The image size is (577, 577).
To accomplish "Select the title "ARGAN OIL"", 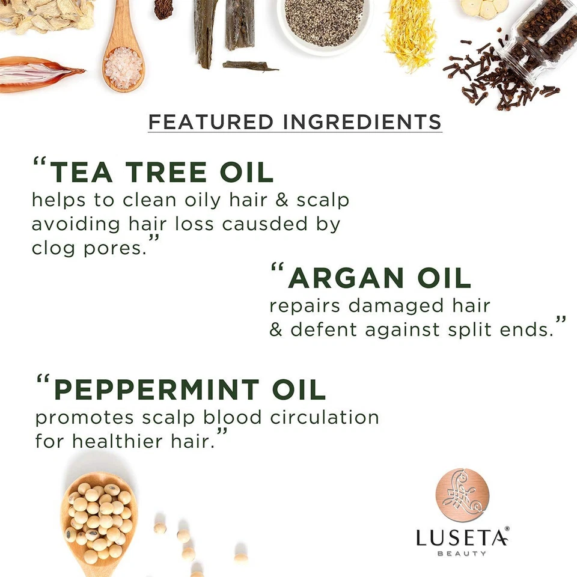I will (x=379, y=278).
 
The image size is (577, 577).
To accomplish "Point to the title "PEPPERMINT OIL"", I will (x=189, y=389).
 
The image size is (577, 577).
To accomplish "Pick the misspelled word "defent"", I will (x=316, y=330).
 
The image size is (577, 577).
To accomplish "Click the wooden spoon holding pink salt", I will (x=124, y=60).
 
